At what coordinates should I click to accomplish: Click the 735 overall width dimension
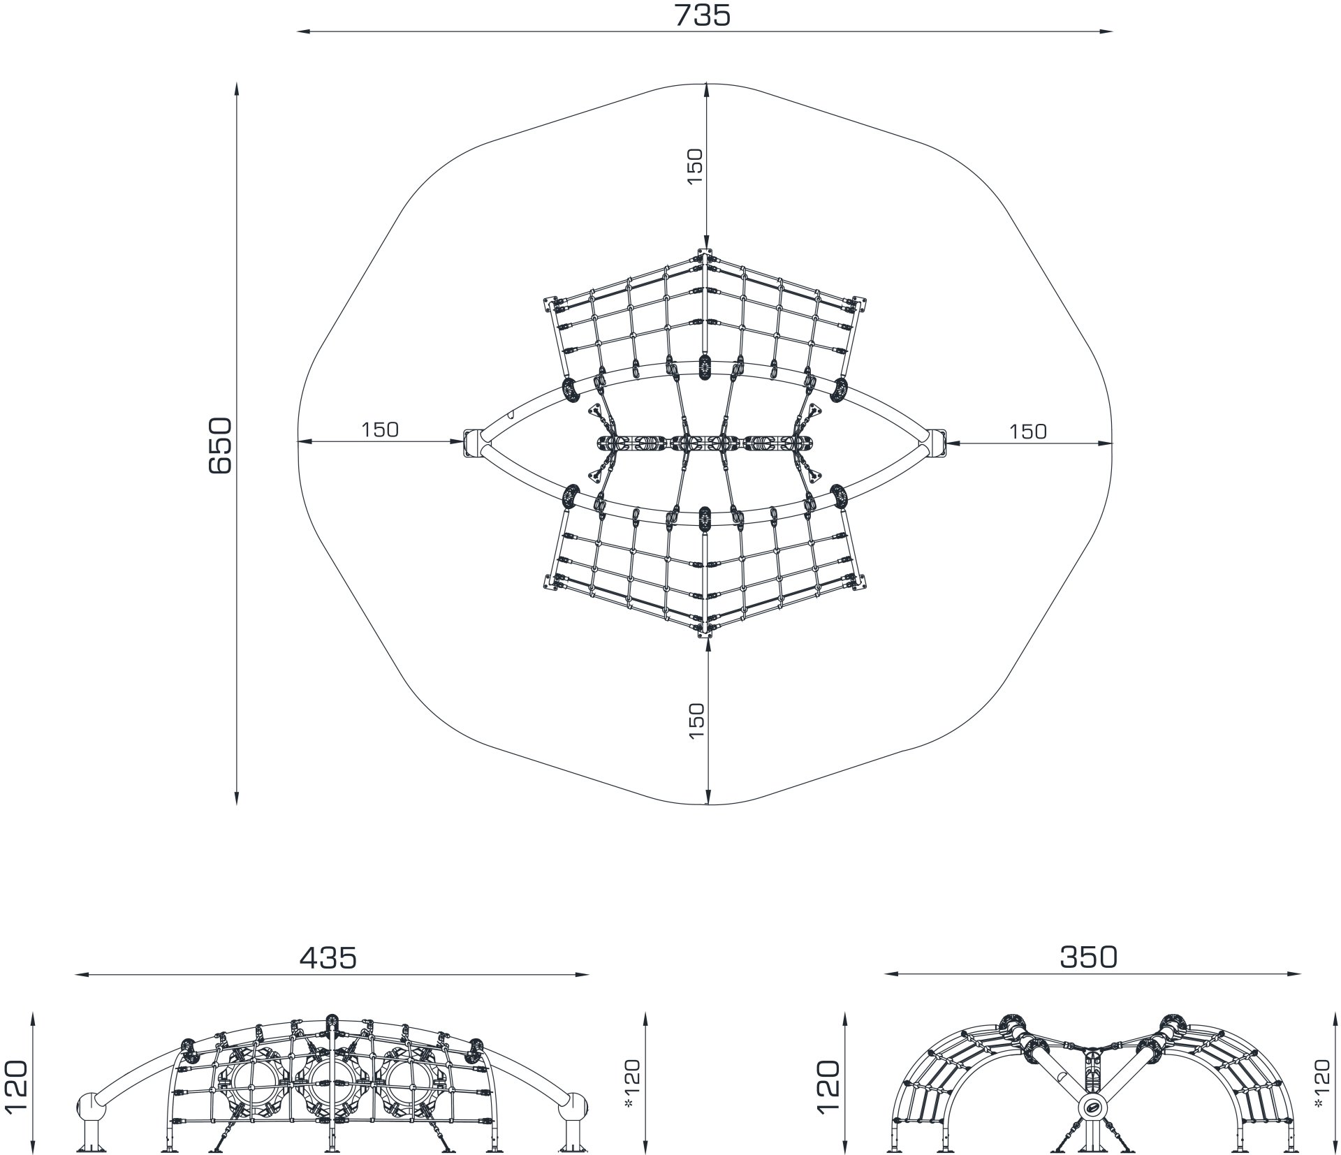click(703, 15)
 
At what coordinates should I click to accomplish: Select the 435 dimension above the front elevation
click(328, 957)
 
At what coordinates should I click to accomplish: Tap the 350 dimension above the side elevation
click(1088, 957)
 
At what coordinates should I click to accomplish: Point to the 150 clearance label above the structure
click(696, 165)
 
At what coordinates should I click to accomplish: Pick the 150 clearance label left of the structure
click(380, 429)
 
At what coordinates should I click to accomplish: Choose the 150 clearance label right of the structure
click(1028, 432)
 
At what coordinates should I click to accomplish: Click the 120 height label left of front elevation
click(16, 1089)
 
